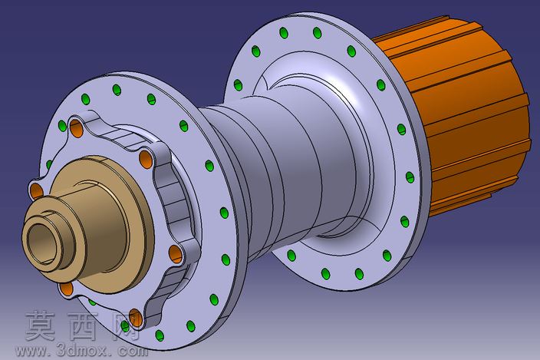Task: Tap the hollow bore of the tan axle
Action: [42, 243]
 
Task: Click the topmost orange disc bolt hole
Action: [76, 127]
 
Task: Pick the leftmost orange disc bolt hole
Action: [37, 191]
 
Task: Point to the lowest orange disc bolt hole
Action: [135, 317]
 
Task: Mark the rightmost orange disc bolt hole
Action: [176, 254]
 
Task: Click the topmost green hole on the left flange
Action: [117, 90]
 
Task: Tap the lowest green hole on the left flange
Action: [160, 335]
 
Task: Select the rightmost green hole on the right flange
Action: [410, 177]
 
